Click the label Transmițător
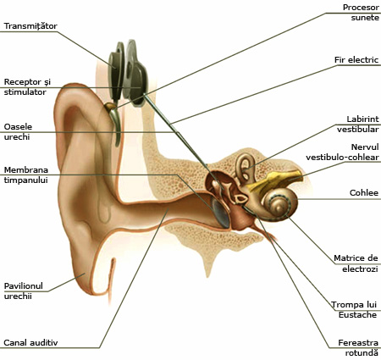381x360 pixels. point(30,26)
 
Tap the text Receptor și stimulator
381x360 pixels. point(27,87)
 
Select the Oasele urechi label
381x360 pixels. point(18,131)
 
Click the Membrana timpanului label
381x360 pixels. point(26,174)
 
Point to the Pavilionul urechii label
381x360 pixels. point(24,291)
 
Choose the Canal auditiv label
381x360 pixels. point(30,342)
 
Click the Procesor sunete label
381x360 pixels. point(361,13)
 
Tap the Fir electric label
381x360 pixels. point(356,60)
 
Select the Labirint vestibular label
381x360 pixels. point(358,125)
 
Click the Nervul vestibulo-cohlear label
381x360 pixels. point(342,152)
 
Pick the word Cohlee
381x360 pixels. point(364,193)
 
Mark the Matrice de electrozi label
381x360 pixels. point(356,263)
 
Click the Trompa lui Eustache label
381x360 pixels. point(354,309)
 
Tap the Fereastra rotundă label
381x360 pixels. point(358,348)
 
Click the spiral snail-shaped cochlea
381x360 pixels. point(279,204)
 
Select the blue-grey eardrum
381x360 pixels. point(220,213)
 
